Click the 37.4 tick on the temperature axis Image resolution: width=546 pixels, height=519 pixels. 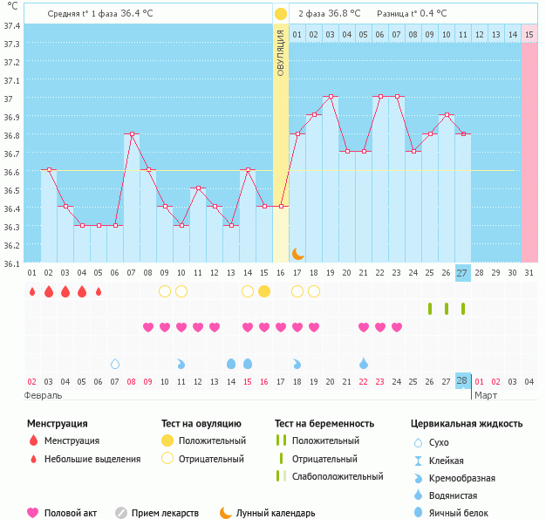click(12, 25)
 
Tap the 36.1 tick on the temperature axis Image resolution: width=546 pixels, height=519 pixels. click(12, 263)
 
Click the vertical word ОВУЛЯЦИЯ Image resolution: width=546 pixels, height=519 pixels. click(281, 52)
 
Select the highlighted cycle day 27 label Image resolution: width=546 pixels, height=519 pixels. click(462, 272)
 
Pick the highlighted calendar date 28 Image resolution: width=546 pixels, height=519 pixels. click(462, 381)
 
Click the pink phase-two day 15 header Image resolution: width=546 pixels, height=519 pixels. click(529, 34)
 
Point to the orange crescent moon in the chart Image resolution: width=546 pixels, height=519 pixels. click(297, 253)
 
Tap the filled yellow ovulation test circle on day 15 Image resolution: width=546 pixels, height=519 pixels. click(264, 291)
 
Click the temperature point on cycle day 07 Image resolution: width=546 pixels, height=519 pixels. click(132, 134)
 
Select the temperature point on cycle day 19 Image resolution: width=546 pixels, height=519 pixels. click(331, 96)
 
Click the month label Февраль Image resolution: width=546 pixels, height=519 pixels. click(44, 395)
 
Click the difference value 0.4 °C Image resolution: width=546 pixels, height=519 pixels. click(430, 14)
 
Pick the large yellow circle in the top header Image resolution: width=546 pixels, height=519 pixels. click(281, 14)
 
